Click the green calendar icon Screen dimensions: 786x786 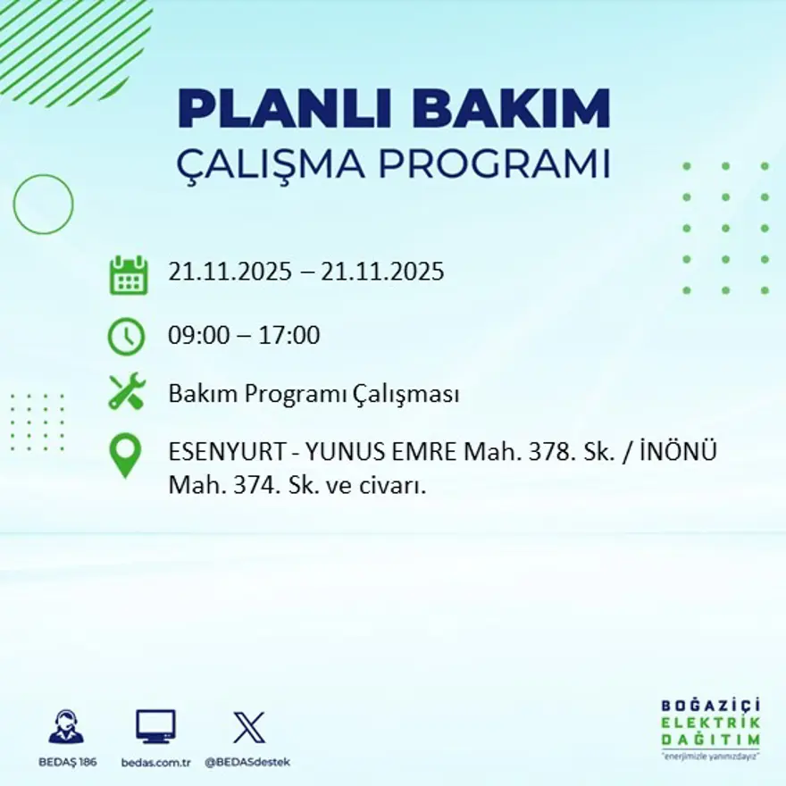pyautogui.click(x=128, y=275)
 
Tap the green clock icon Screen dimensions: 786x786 pyautogui.click(x=126, y=337)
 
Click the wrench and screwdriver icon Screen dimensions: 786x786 pyautogui.click(x=126, y=392)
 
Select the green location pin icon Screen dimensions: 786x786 pyautogui.click(x=125, y=454)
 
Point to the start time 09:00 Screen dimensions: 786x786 pyautogui.click(x=196, y=337)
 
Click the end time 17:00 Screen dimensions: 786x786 pyautogui.click(x=289, y=337)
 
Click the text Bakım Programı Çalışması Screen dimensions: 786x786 pyautogui.click(x=314, y=394)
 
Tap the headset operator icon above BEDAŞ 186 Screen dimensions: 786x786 pyautogui.click(x=66, y=727)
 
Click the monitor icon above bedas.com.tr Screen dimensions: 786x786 pyautogui.click(x=155, y=727)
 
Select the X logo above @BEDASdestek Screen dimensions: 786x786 pyautogui.click(x=248, y=728)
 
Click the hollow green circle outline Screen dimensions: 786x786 pyautogui.click(x=43, y=205)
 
